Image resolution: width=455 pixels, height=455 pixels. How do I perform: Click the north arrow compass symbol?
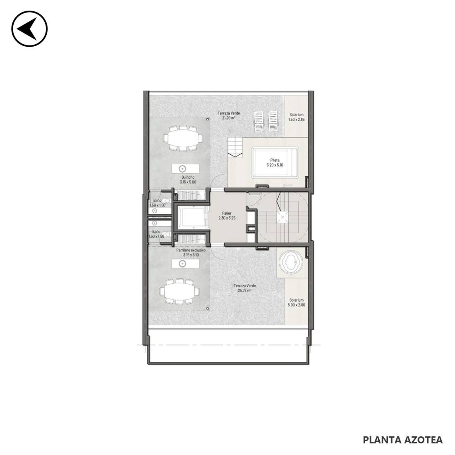coord(29,29)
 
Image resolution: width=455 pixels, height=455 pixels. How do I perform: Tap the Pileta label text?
coord(275,160)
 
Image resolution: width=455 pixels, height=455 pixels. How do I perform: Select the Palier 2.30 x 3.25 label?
coord(227,216)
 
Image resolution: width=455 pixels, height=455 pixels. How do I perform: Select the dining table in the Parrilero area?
coord(180,291)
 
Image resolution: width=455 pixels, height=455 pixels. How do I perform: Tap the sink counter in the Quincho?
coord(185,169)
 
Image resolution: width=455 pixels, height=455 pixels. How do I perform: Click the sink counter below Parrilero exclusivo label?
coord(185,264)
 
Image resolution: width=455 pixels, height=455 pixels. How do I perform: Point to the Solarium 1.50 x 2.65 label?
coord(296,117)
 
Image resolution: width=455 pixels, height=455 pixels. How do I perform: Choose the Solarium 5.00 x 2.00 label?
coord(296,303)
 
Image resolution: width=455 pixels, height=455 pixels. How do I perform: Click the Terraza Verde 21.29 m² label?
coord(229,115)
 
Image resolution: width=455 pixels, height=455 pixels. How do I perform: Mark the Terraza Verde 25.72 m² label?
coord(244,288)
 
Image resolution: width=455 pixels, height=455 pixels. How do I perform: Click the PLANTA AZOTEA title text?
coord(403,440)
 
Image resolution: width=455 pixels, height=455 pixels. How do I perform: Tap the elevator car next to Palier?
coord(193,218)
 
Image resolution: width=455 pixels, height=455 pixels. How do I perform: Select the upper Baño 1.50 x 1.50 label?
coord(158,203)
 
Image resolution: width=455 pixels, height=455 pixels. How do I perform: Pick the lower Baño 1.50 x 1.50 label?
coord(156,234)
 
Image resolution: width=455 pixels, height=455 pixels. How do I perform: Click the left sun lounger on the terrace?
coord(259,121)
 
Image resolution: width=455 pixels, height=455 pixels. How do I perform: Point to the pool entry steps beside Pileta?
coord(235,147)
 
